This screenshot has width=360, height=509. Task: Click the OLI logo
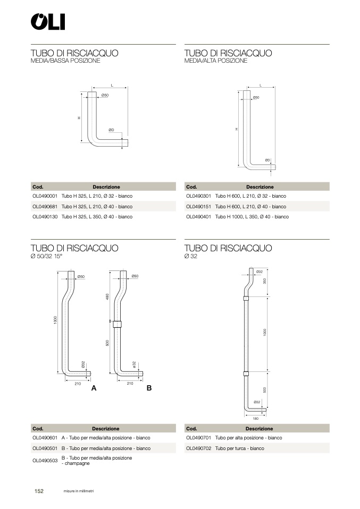tap(47, 22)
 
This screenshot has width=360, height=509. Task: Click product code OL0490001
tap(45, 196)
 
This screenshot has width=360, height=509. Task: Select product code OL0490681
tap(45, 206)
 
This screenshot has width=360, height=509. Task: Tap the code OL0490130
tap(45, 217)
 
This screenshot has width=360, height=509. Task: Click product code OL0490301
tap(198, 196)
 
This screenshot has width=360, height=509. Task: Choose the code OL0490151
tap(198, 206)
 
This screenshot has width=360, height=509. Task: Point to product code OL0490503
tap(45, 461)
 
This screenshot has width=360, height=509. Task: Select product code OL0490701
tap(198, 438)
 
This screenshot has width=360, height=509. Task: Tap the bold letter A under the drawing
tap(94, 388)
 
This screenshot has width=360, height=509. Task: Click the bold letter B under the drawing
tap(149, 388)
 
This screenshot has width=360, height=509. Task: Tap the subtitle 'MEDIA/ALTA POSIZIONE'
tap(215, 61)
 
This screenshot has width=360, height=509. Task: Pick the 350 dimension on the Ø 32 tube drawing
tap(264, 280)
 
